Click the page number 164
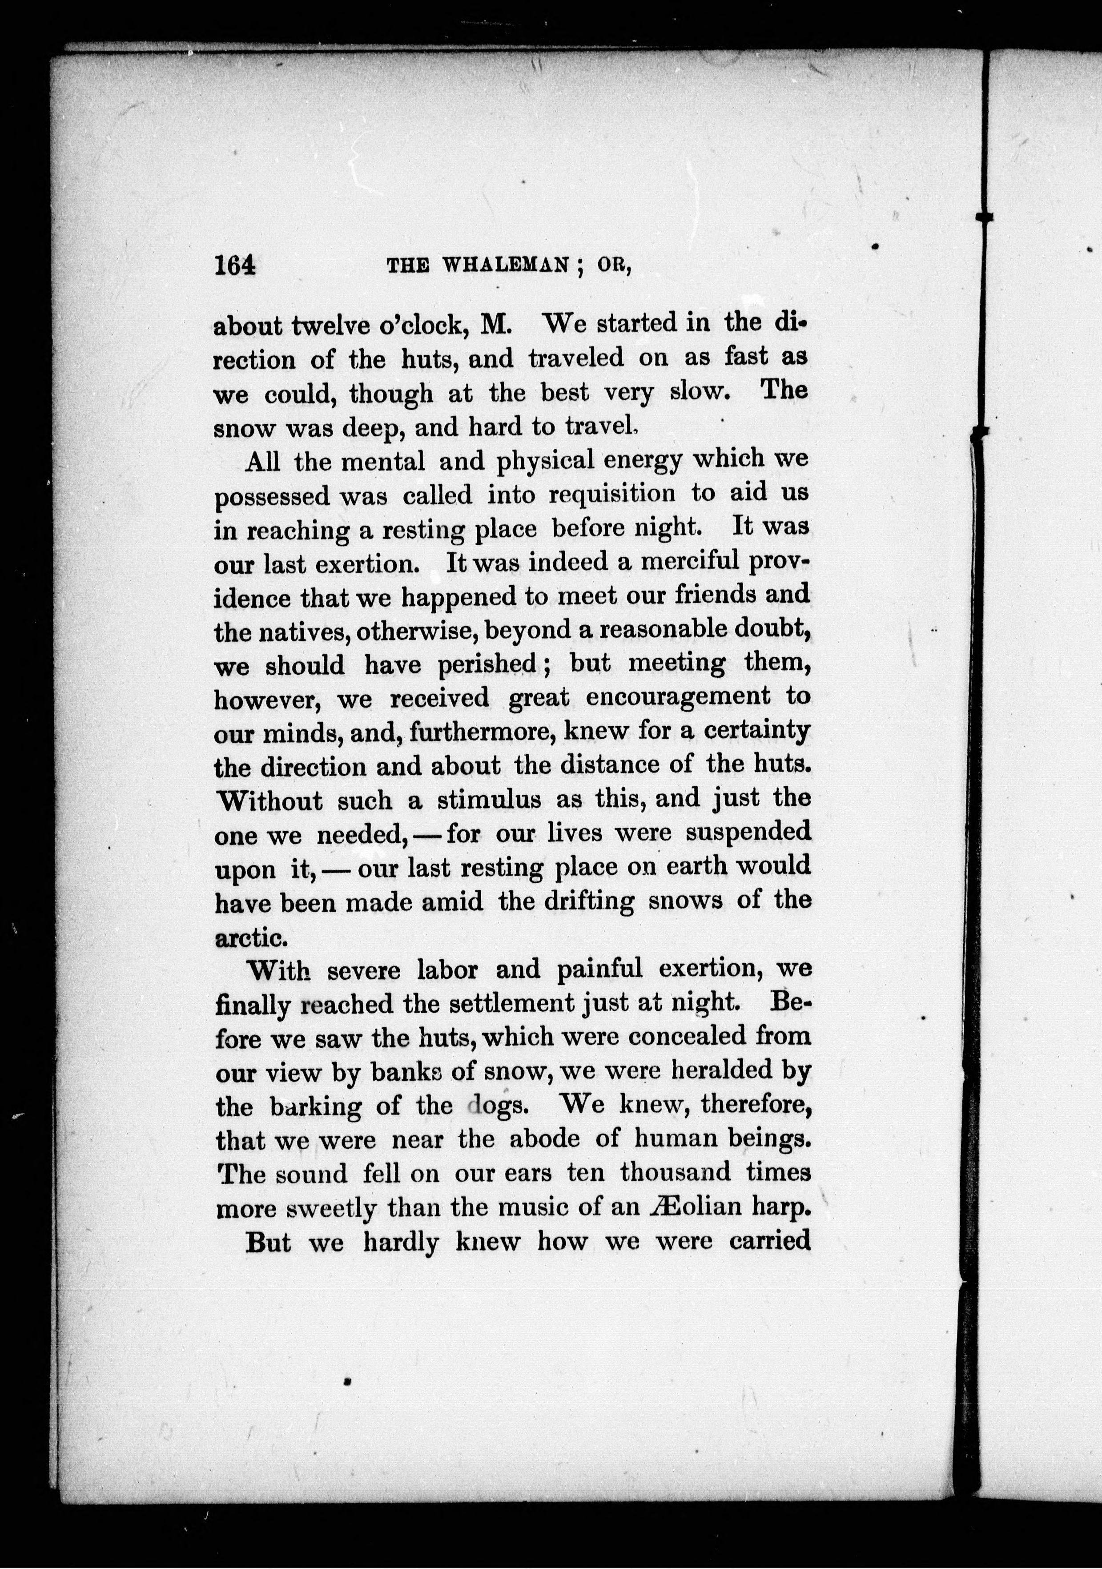[x=235, y=265]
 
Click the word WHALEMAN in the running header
[x=506, y=266]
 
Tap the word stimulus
[x=489, y=800]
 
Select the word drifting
[x=589, y=901]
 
